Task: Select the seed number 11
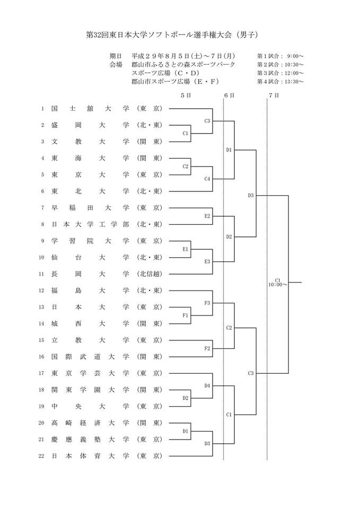point(42,274)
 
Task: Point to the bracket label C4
point(207,179)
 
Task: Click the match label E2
point(207,216)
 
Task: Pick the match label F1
point(186,315)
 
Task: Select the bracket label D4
point(207,385)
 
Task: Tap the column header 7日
point(274,95)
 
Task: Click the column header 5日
point(185,95)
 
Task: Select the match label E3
point(207,261)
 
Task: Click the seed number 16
point(42,356)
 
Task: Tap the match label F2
point(207,348)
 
